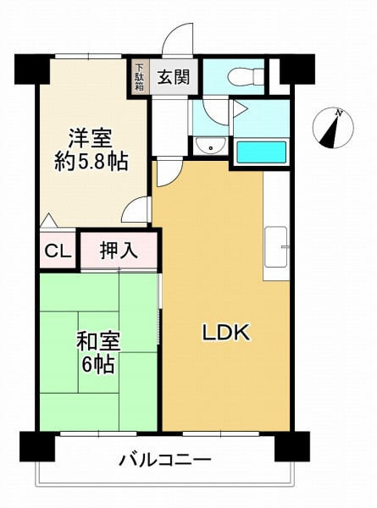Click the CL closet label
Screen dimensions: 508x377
click(x=57, y=251)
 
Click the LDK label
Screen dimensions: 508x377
click(x=225, y=333)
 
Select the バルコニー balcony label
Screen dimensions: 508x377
click(x=164, y=461)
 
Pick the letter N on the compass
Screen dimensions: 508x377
click(x=339, y=113)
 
